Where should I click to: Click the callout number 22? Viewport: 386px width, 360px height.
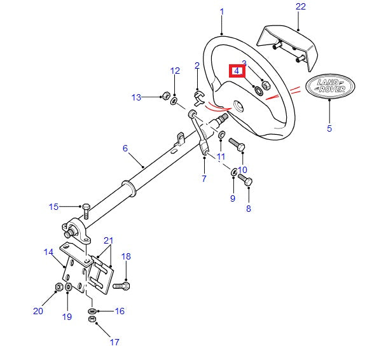pos(301,6)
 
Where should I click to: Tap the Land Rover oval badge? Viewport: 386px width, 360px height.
pos(330,86)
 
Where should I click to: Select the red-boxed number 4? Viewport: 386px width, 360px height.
pos(237,71)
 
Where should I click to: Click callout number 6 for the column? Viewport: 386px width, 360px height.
pos(125,148)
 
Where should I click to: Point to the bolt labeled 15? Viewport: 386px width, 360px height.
pos(86,211)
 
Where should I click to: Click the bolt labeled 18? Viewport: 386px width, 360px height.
pos(121,286)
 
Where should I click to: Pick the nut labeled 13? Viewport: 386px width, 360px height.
pos(166,95)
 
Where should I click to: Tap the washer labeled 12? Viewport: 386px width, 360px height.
pos(174,101)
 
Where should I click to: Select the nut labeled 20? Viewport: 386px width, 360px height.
pos(59,287)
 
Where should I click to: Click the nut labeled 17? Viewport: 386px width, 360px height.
pos(92,319)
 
